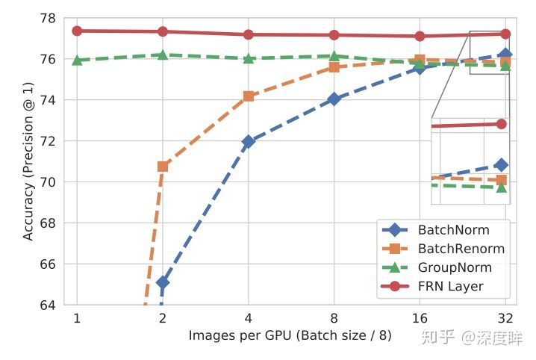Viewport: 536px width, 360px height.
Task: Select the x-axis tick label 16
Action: (420, 319)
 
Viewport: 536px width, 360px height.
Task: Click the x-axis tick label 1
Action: (76, 319)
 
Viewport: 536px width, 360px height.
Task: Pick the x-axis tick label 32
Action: (505, 319)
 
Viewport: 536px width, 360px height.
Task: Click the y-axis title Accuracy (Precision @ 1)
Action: (28, 161)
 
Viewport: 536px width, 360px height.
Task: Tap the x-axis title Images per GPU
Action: (290, 336)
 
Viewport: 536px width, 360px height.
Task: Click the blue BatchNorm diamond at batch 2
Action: (163, 282)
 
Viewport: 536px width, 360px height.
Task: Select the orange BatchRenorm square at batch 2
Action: (163, 166)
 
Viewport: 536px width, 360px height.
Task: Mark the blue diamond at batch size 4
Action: (249, 140)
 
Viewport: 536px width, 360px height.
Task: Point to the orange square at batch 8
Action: (334, 67)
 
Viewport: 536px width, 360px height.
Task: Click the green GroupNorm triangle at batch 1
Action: (76, 60)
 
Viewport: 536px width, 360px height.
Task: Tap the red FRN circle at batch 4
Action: (249, 34)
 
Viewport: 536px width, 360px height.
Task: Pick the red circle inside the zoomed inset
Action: (501, 124)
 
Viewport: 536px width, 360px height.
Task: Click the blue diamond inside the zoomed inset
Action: (501, 164)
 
